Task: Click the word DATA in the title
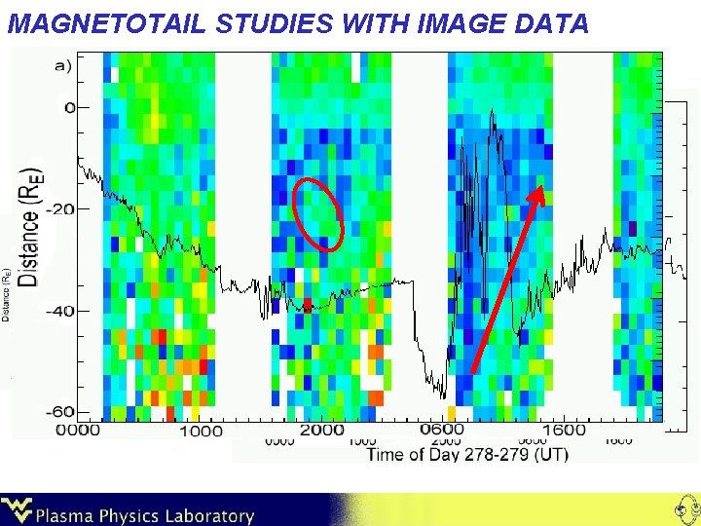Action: click(549, 23)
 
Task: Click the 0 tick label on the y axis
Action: click(69, 106)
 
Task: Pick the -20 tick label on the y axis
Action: click(60, 208)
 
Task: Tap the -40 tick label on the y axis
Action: click(60, 311)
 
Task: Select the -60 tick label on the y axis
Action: click(60, 413)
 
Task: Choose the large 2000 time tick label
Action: click(321, 430)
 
